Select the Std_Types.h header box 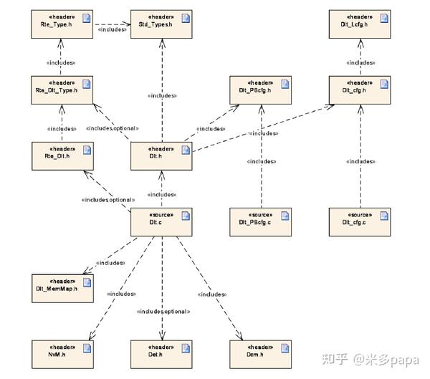click(x=161, y=24)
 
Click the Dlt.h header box click(x=161, y=156)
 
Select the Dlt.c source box click(x=161, y=222)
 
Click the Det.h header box click(x=161, y=353)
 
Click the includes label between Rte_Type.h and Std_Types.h click(x=111, y=29)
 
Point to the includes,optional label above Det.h click(x=163, y=312)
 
